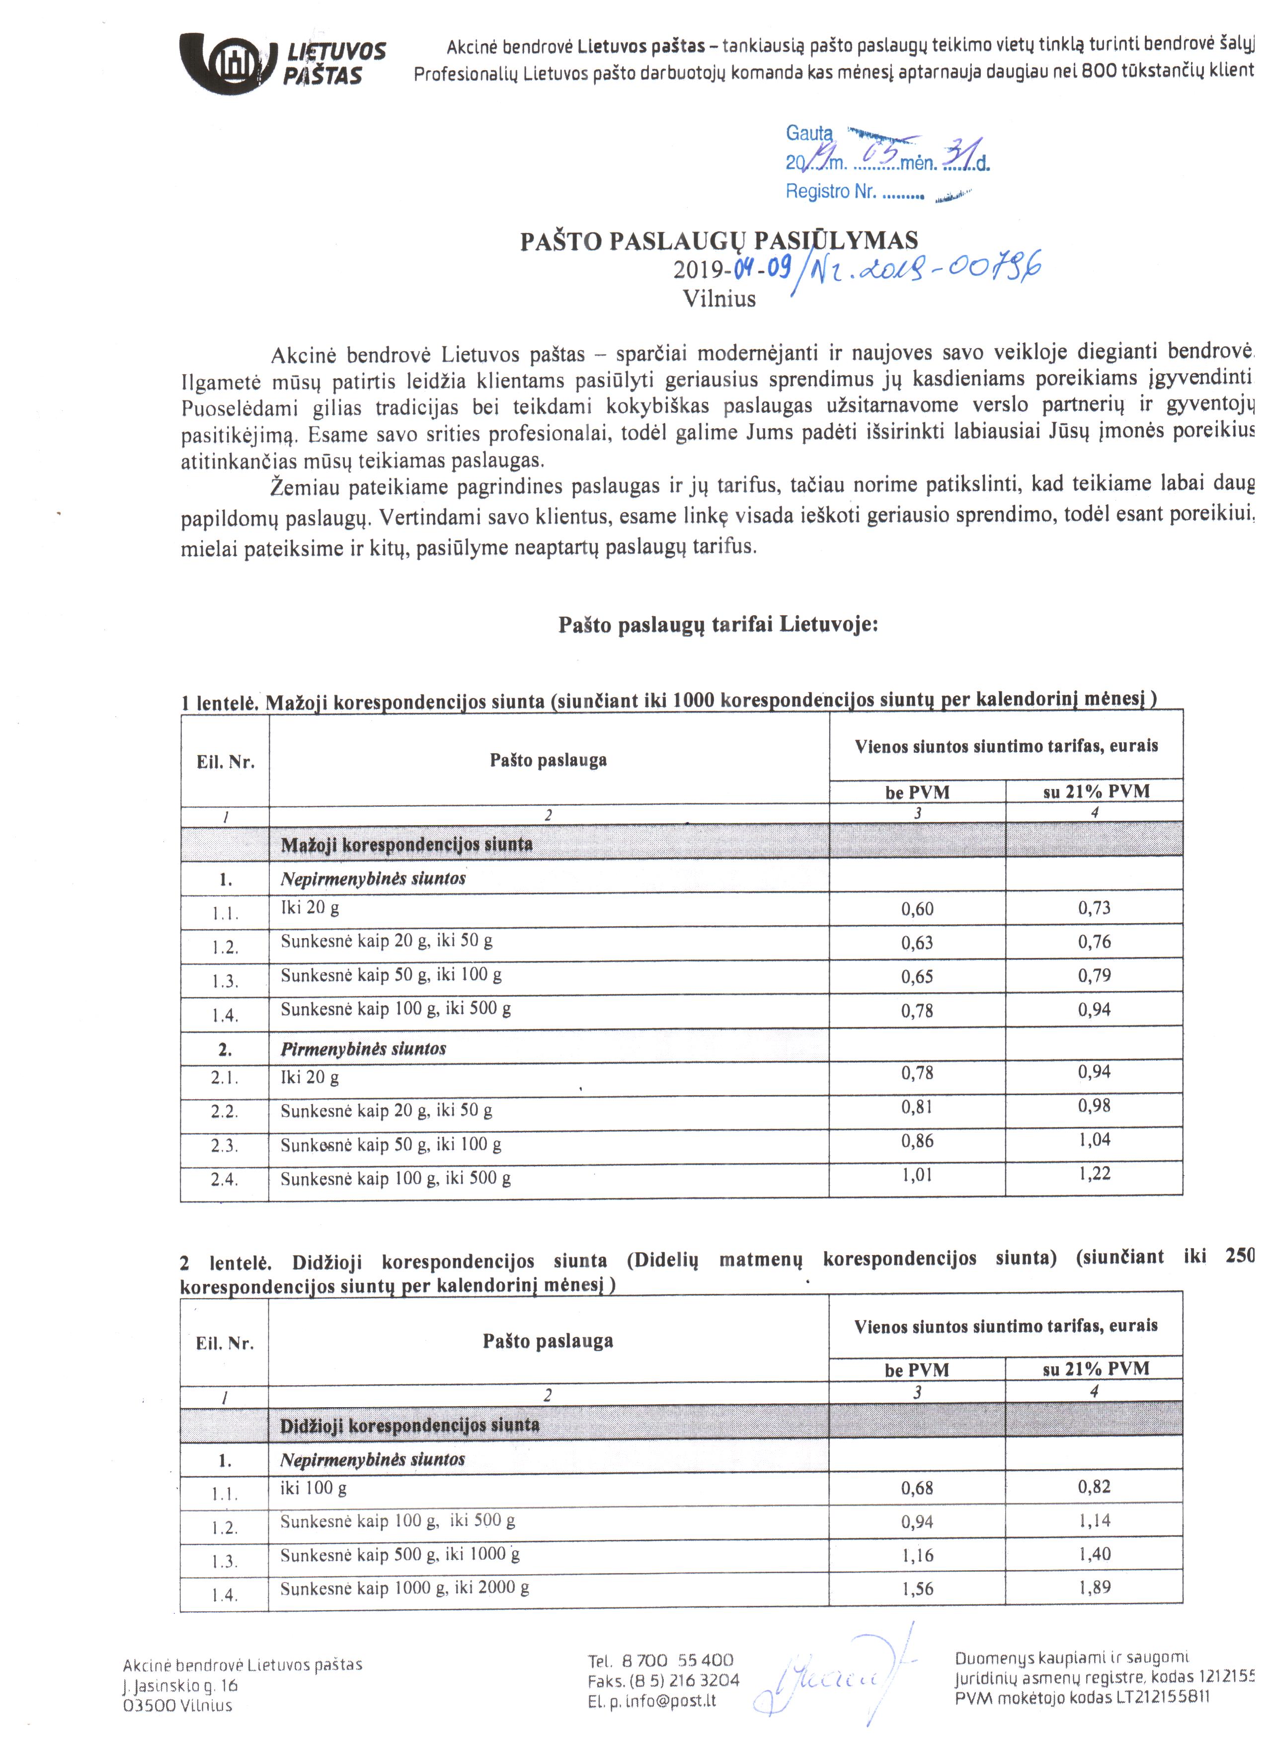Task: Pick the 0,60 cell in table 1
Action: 917,909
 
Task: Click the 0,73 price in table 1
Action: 1094,908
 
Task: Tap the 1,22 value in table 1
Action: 1094,1174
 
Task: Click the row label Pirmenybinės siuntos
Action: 363,1049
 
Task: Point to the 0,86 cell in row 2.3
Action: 917,1141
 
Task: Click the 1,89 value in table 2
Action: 1094,1588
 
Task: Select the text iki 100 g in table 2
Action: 313,1488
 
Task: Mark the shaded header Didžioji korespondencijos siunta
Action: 409,1425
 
